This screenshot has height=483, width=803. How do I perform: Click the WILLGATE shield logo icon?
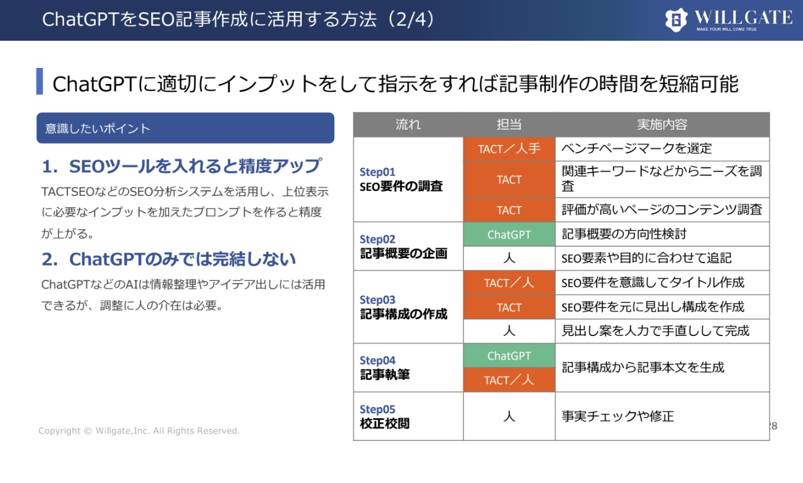point(676,20)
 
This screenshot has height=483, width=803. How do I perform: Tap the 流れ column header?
point(408,124)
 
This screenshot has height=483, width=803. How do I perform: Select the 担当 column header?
point(509,124)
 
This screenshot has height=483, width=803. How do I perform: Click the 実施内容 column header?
point(662,124)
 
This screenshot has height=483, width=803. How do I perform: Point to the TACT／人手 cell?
point(509,149)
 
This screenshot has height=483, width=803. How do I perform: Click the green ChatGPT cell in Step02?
point(509,235)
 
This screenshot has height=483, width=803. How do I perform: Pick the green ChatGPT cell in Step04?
point(509,356)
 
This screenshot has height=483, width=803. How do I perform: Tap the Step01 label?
point(377,172)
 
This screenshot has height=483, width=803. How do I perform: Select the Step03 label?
point(377,300)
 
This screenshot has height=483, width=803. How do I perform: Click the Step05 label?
point(377,409)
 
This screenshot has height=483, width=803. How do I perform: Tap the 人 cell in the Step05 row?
point(509,416)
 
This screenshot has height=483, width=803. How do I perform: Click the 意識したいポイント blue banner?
point(185,128)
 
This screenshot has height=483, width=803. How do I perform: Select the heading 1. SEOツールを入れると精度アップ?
point(182,166)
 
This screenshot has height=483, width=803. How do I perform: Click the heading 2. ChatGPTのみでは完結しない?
point(169,259)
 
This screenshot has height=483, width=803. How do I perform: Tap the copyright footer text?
point(139,430)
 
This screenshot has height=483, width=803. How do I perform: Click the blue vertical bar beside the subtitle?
point(40,82)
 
